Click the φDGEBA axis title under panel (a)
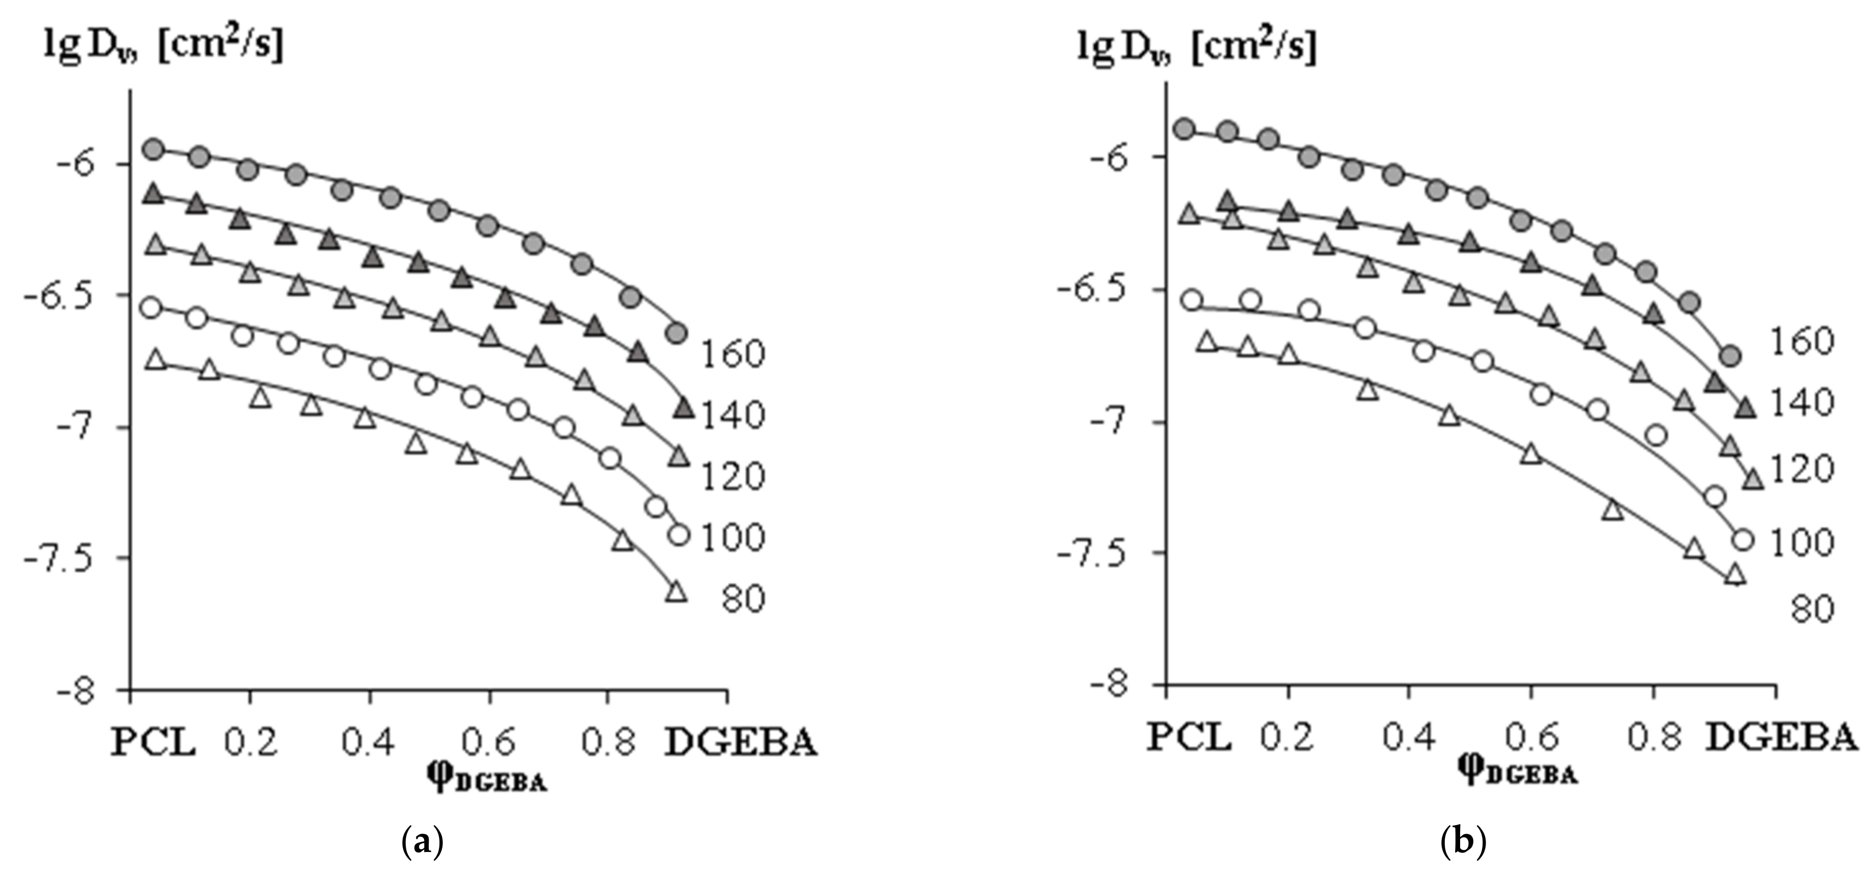486,780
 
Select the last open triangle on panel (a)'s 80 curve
676,592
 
